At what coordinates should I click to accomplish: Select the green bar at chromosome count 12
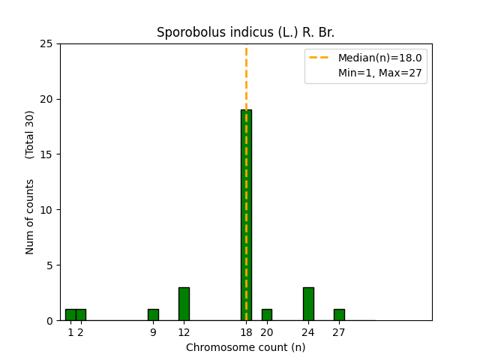[x=184, y=304]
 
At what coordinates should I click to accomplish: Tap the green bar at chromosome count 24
[x=308, y=304]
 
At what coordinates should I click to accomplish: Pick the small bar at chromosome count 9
[x=153, y=315]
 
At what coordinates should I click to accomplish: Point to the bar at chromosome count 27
[x=339, y=315]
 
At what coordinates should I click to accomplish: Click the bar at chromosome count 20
[x=266, y=315]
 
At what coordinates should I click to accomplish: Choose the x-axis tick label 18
[x=246, y=332]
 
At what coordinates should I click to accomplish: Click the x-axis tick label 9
[x=153, y=332]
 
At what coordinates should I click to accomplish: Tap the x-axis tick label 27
[x=339, y=332]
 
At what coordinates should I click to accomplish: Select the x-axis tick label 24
[x=308, y=332]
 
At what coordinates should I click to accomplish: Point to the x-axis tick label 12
[x=184, y=332]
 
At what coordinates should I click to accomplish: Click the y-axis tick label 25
[x=46, y=43]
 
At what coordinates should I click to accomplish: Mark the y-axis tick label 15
[x=46, y=154]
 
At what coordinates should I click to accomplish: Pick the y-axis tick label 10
[x=46, y=210]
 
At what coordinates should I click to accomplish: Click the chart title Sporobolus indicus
[x=245, y=32]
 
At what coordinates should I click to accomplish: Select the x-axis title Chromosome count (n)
[x=245, y=347]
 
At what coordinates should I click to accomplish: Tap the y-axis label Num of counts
[x=30, y=216]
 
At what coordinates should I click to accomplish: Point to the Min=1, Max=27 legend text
[x=379, y=73]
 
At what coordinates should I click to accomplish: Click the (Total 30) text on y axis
[x=30, y=134]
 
